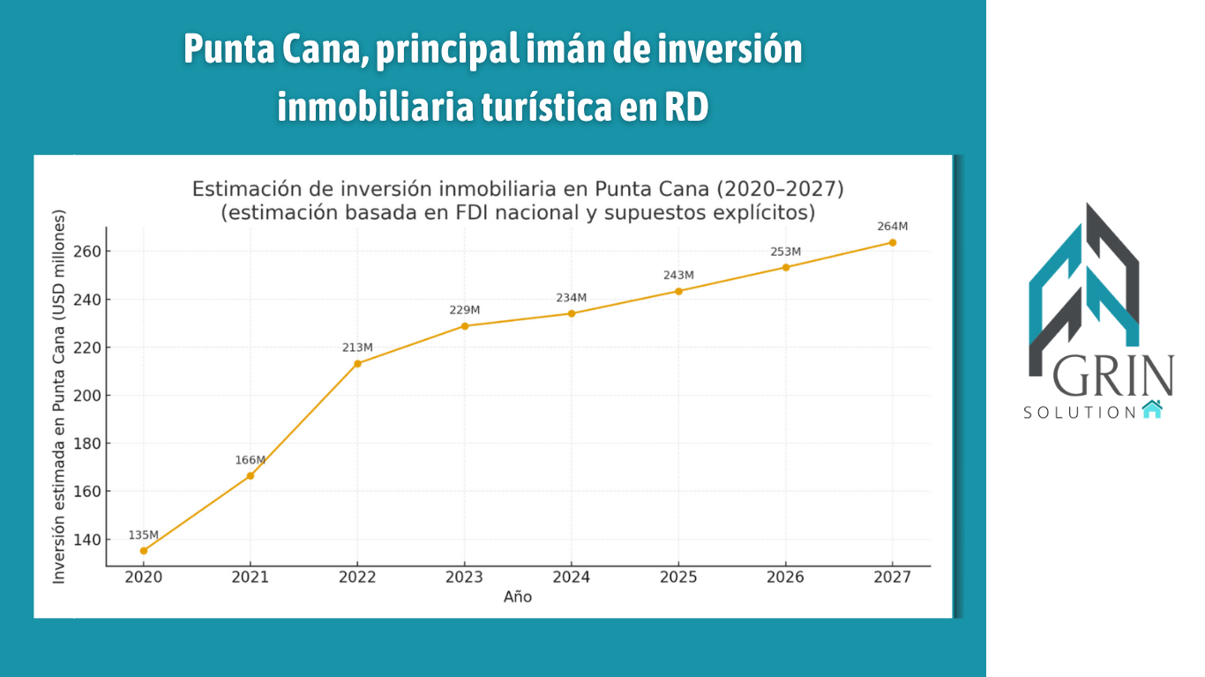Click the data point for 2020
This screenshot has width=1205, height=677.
pos(144,551)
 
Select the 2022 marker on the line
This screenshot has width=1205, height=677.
pos(357,363)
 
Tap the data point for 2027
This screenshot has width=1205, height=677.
pos(893,242)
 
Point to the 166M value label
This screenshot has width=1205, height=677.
pos(250,460)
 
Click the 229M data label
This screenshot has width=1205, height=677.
pos(464,310)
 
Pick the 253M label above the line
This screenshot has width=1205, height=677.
pos(785,252)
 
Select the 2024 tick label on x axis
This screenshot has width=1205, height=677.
pos(571,577)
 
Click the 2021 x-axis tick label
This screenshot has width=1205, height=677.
pos(251,577)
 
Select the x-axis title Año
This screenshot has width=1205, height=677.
pos(518,598)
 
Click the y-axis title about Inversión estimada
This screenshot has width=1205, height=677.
pos(59,397)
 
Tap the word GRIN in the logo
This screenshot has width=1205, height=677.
pos(1113,377)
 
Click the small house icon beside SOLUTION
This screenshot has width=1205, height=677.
pos(1151,409)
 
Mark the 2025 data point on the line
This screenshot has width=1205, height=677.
pos(678,291)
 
